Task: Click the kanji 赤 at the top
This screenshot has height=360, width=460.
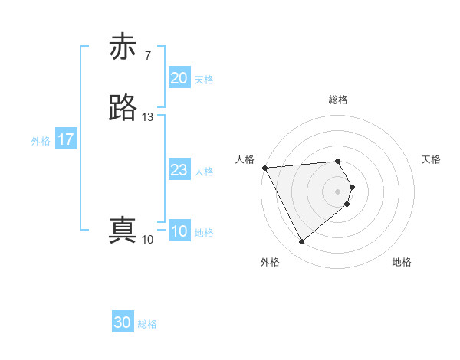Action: [123, 47]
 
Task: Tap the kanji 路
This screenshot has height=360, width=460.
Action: [123, 109]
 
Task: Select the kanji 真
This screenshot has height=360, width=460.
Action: [123, 231]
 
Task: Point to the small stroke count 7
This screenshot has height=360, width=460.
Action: [147, 56]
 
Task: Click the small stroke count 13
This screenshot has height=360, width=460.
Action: [148, 117]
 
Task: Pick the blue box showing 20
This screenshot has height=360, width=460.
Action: [179, 78]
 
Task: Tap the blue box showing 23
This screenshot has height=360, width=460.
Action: [179, 171]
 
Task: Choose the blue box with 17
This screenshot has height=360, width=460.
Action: [66, 140]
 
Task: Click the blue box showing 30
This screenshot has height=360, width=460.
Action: [123, 323]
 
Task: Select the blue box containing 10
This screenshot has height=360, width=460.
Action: [179, 232]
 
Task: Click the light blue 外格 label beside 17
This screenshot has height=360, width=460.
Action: [41, 141]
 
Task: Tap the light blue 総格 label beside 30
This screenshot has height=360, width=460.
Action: [147, 324]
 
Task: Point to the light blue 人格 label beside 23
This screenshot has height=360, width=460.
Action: [204, 172]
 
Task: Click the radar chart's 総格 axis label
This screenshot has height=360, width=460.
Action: [337, 100]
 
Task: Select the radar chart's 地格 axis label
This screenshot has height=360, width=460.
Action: [402, 263]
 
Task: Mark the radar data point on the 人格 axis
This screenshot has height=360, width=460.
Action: [264, 168]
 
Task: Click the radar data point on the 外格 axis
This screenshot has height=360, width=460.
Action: [302, 242]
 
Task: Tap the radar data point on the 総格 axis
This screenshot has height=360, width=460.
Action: [337, 161]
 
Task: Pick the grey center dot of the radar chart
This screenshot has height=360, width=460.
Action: [337, 191]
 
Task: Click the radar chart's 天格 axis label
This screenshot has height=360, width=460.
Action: [432, 159]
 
